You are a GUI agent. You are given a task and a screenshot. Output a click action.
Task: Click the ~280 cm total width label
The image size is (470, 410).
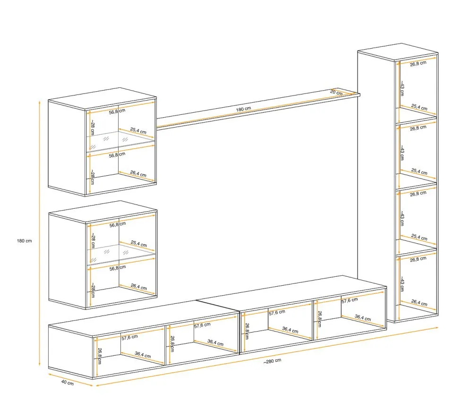(x=272, y=361)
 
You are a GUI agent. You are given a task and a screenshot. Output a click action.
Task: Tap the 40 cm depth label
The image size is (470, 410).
(x=68, y=383)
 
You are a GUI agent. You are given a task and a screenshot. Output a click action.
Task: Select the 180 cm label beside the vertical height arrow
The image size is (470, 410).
(x=24, y=241)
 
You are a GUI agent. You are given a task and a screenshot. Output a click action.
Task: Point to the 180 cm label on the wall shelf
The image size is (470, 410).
(x=243, y=109)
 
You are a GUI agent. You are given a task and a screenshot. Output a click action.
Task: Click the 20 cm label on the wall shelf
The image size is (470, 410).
(x=336, y=92)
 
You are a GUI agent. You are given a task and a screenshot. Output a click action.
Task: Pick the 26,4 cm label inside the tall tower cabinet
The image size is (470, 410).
(x=419, y=303)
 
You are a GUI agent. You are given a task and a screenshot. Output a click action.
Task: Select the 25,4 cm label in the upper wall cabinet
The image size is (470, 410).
(x=138, y=131)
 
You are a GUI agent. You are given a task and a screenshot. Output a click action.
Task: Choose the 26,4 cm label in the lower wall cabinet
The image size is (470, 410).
(x=139, y=287)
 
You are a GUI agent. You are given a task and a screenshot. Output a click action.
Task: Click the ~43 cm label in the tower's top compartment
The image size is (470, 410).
(x=402, y=88)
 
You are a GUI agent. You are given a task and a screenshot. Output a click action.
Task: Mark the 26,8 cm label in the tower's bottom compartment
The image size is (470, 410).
(x=418, y=259)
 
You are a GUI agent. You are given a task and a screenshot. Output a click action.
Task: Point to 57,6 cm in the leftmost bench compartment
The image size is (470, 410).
(x=130, y=337)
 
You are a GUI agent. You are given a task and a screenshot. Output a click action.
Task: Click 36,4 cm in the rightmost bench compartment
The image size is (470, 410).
(x=363, y=318)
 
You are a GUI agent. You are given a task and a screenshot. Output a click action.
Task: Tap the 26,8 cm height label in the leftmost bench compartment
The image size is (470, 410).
(x=100, y=356)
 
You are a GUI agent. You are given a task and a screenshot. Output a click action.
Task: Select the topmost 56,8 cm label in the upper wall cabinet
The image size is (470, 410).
(x=117, y=111)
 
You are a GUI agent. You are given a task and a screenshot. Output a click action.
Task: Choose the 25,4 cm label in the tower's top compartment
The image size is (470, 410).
(x=419, y=107)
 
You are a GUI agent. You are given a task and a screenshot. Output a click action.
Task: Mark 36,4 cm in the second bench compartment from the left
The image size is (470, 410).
(x=215, y=342)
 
